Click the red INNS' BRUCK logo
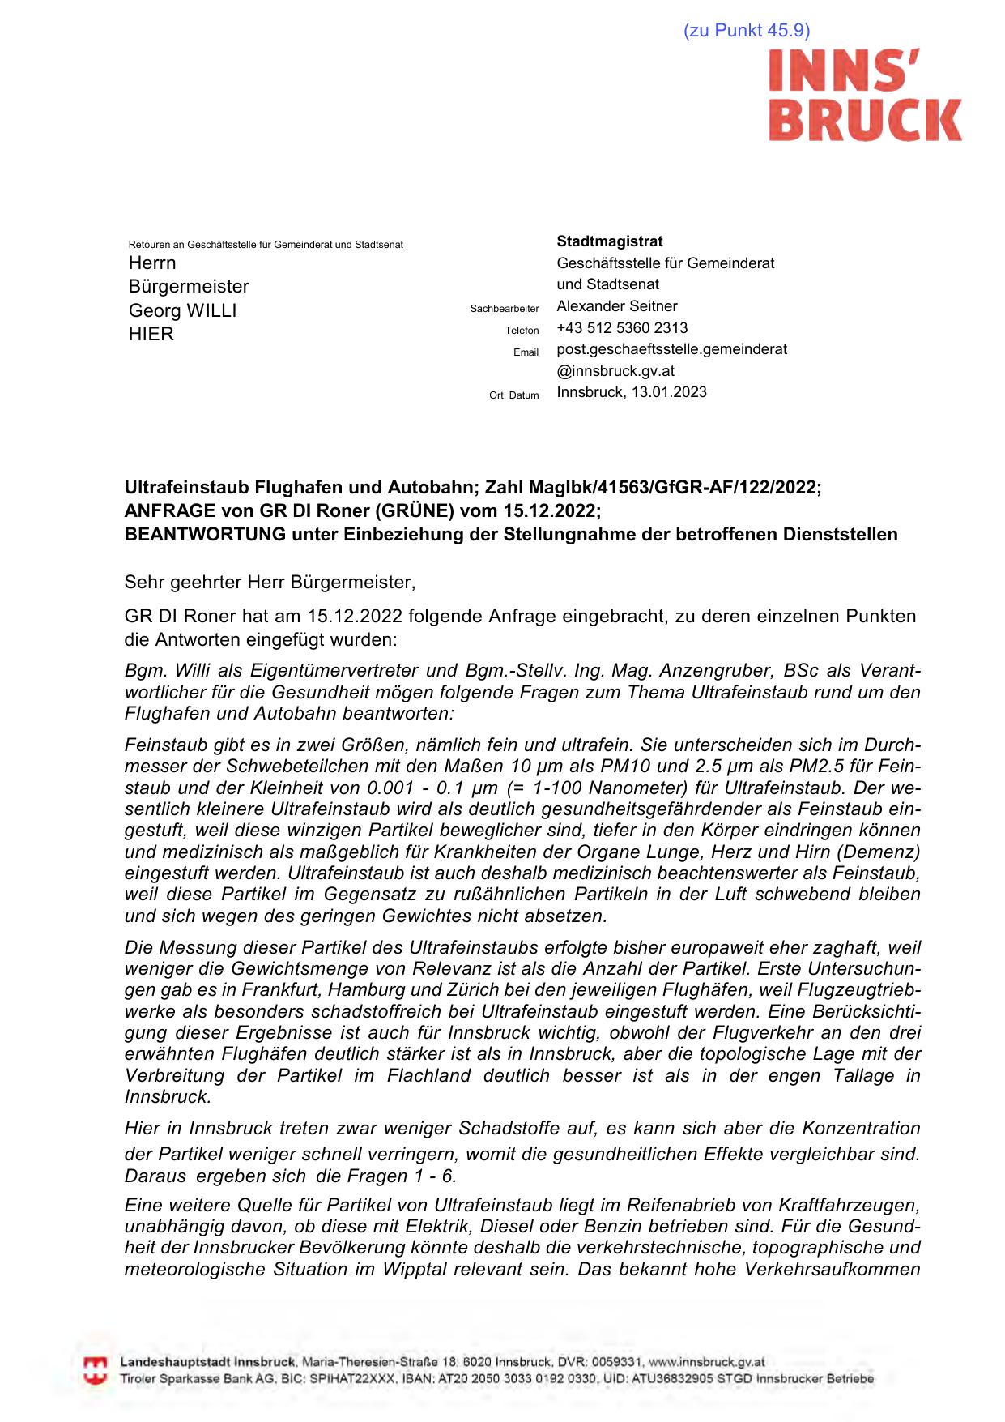coord(864,96)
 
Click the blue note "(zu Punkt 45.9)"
coord(746,31)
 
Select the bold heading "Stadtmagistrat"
coord(609,241)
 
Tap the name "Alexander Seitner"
coord(616,306)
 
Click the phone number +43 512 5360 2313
coord(622,328)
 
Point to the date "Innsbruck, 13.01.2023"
coord(631,392)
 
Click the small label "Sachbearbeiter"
coord(504,309)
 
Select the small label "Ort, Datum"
coord(513,395)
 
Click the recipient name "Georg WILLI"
coord(182,310)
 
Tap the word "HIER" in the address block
coord(151,334)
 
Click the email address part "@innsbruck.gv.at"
coord(615,371)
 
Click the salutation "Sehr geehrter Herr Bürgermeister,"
coord(270,582)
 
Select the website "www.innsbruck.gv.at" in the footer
coord(706,1363)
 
